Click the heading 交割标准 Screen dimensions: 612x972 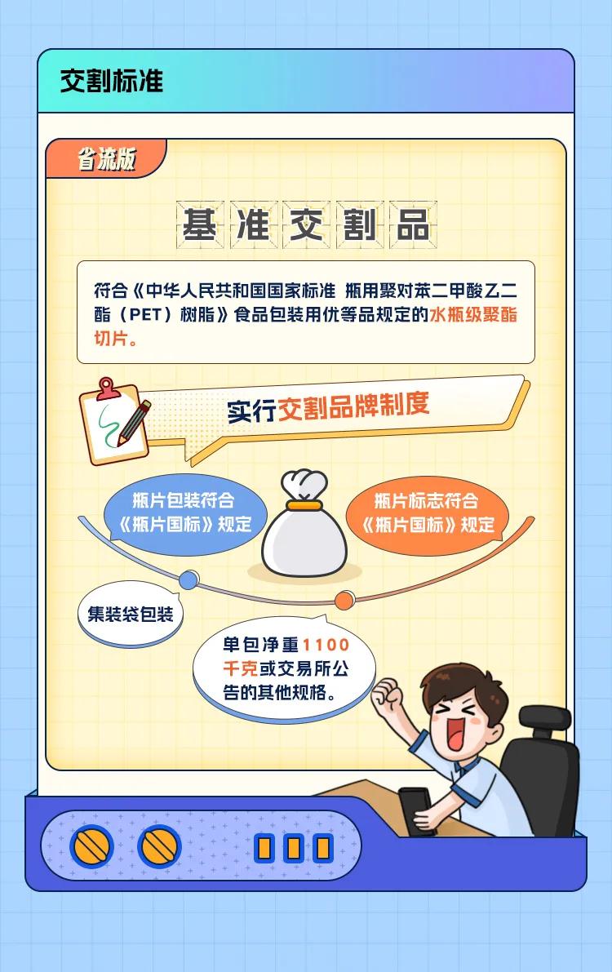tap(112, 82)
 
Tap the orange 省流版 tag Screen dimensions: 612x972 tap(105, 158)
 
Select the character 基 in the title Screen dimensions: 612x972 tap(200, 224)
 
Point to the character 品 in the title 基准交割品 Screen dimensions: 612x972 tap(414, 224)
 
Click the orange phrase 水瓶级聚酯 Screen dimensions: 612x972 tap(473, 314)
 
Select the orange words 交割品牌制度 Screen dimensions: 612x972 tap(353, 406)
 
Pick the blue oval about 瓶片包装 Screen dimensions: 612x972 tap(184, 514)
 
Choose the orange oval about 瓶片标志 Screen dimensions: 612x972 tap(428, 514)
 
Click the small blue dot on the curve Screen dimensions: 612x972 tap(188, 580)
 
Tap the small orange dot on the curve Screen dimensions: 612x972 tap(344, 600)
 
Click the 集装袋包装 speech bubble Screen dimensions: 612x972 tap(131, 614)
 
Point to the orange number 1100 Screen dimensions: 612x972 tap(326, 646)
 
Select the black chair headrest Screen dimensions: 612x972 tap(544, 719)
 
